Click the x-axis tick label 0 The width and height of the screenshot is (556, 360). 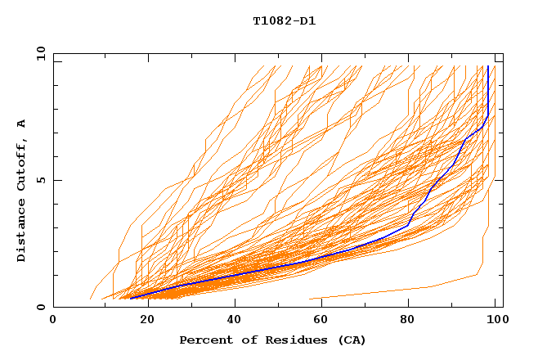[x=53, y=320]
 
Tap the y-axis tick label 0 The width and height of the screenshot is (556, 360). [x=39, y=307]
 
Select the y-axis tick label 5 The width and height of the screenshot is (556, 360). [x=39, y=180]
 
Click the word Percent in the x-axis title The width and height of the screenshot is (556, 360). [x=202, y=340]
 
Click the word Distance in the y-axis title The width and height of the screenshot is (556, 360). [x=22, y=231]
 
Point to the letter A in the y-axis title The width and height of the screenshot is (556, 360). [x=22, y=123]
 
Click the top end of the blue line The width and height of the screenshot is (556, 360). [x=488, y=67]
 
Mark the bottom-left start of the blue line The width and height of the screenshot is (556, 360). [x=130, y=299]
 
